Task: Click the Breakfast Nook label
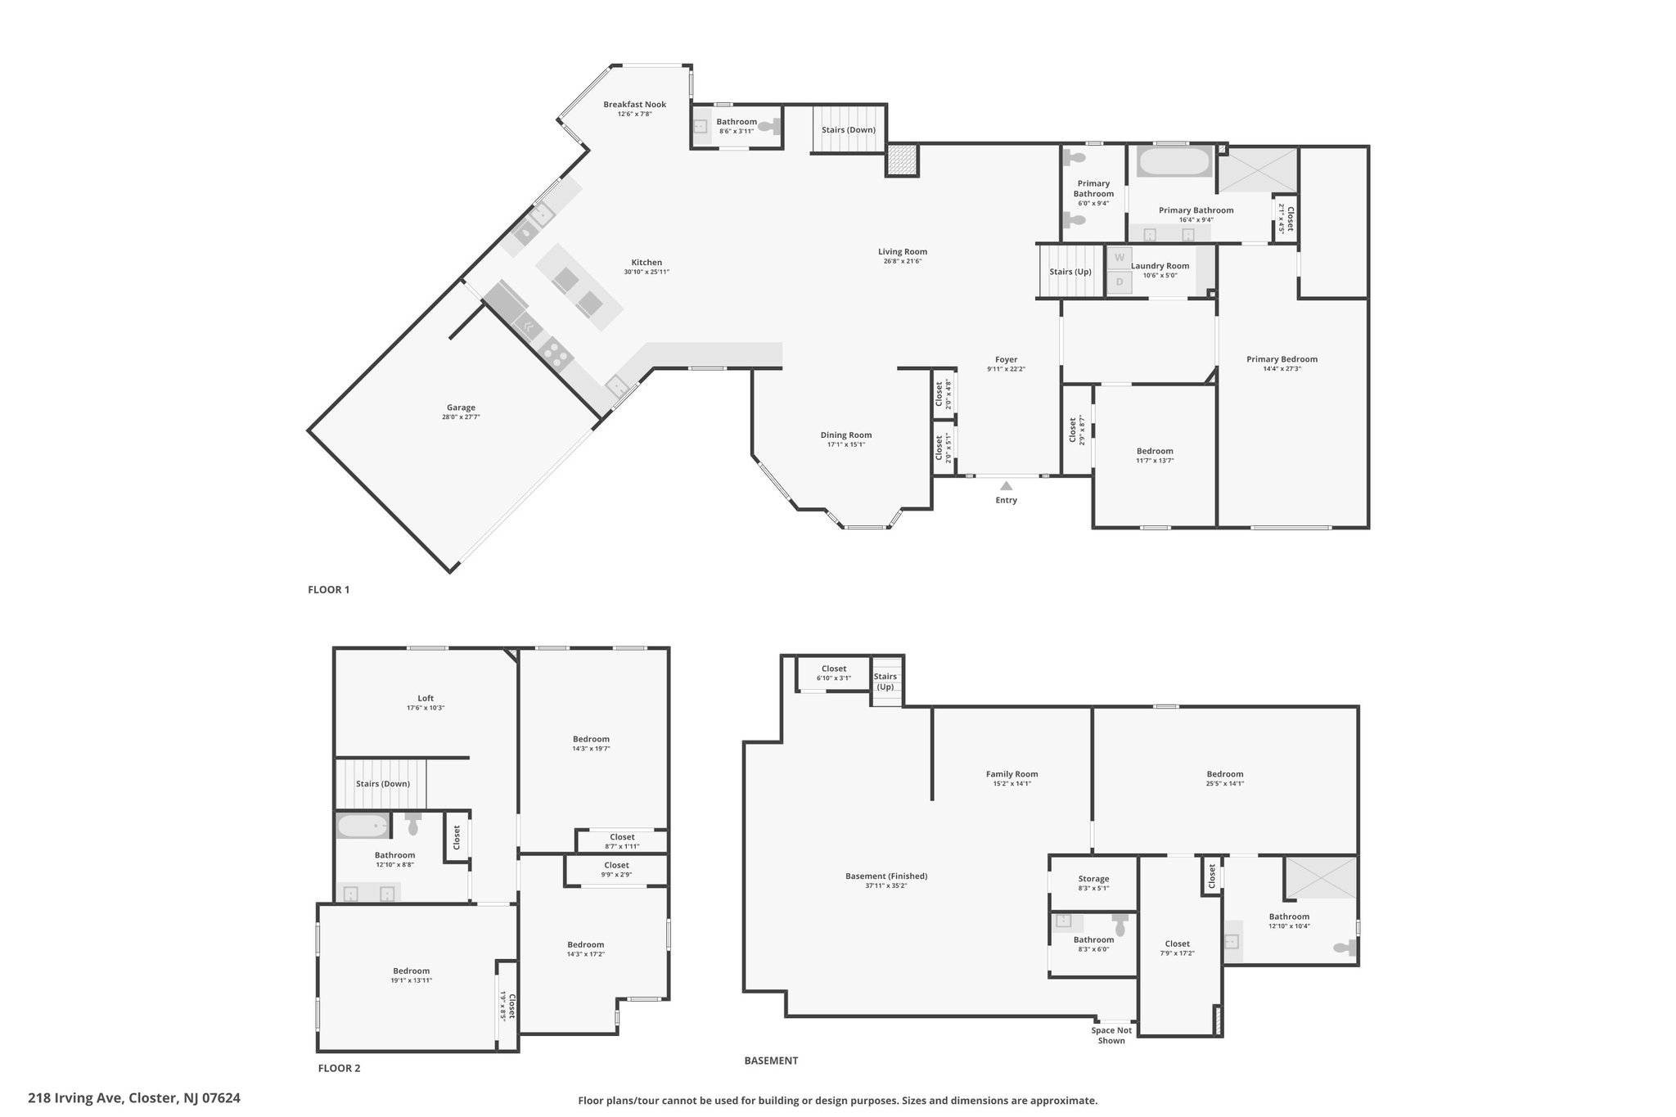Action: click(x=634, y=104)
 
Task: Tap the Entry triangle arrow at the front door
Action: click(x=1006, y=486)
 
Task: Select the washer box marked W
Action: click(x=1120, y=257)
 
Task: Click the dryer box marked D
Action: click(x=1120, y=282)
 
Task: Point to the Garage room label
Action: click(x=461, y=408)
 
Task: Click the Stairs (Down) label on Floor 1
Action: click(x=849, y=130)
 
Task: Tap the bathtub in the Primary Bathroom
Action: click(x=1174, y=161)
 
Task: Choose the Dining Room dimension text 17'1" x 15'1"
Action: click(x=846, y=444)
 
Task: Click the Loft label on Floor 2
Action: click(x=426, y=698)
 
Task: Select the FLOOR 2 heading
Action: click(x=339, y=1068)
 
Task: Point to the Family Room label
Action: click(x=1011, y=773)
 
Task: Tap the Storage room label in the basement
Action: click(x=1093, y=878)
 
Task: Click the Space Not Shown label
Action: click(x=1111, y=1035)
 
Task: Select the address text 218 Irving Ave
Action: click(x=75, y=1098)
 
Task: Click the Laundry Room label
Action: click(x=1160, y=266)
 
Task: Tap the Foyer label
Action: click(x=1006, y=359)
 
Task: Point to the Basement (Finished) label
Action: click(x=886, y=876)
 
